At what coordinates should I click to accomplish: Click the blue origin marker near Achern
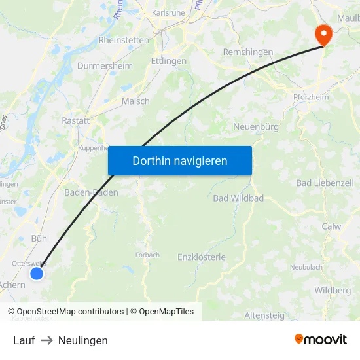[x=37, y=273]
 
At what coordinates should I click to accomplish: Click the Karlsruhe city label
[x=169, y=12]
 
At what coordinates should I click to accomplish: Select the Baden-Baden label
[x=91, y=192]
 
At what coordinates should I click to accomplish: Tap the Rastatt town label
[x=75, y=120]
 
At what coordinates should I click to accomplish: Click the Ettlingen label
[x=168, y=61]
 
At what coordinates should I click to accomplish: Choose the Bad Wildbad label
[x=238, y=198]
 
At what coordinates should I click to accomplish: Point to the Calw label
[x=331, y=226]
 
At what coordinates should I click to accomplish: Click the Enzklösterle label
[x=202, y=257]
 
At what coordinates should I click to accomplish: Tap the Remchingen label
[x=248, y=52]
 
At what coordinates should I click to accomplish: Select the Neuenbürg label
[x=257, y=126]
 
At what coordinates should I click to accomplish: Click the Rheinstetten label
[x=124, y=40]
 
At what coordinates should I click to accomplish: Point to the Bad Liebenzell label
[x=325, y=183]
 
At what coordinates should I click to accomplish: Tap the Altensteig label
[x=264, y=315]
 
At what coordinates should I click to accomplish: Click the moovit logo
[x=320, y=339]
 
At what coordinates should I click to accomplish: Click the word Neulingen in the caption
[x=83, y=340]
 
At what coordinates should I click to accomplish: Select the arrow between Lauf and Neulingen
[x=46, y=340]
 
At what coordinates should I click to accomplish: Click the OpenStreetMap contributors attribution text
[x=70, y=312]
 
